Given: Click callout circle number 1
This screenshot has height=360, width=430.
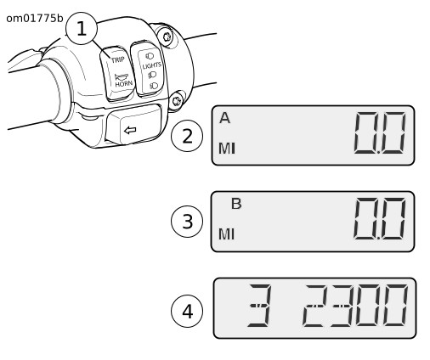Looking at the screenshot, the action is pos(82,28).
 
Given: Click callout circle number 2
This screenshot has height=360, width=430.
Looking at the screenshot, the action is pos(187,136).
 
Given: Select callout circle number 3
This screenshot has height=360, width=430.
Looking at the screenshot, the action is pos(187,222).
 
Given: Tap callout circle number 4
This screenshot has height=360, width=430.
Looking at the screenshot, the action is pos(187,311).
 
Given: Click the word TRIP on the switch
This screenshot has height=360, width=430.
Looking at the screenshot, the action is pos(118,59).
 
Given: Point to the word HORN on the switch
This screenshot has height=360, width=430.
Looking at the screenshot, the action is pos(124,84).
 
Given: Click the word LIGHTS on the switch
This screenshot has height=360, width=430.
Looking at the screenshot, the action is pos(152,65).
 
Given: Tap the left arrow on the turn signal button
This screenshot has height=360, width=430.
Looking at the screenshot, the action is pos(130,131).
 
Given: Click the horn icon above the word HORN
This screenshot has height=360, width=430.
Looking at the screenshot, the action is pos(122,77).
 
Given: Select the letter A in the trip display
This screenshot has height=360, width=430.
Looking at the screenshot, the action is pos(224,118).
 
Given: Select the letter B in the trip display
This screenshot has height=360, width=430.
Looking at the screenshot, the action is pos(236,204).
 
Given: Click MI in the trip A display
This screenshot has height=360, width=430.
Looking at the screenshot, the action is pos(227,149).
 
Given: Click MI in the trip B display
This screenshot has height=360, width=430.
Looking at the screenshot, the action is pos(227,234).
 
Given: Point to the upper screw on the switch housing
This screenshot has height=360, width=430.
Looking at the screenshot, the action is pos(167,37).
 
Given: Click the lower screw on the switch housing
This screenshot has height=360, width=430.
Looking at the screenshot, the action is pos(177,101).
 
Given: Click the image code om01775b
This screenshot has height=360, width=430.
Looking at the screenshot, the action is pos(35,19).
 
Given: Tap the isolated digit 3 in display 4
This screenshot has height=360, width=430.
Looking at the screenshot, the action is pos(259,306).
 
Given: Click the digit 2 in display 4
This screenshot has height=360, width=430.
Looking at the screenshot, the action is pos(314,306).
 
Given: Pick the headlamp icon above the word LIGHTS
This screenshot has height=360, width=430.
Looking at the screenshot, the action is pos(150,56).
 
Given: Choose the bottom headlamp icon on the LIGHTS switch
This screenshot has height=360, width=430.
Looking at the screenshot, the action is pos(154,86).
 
